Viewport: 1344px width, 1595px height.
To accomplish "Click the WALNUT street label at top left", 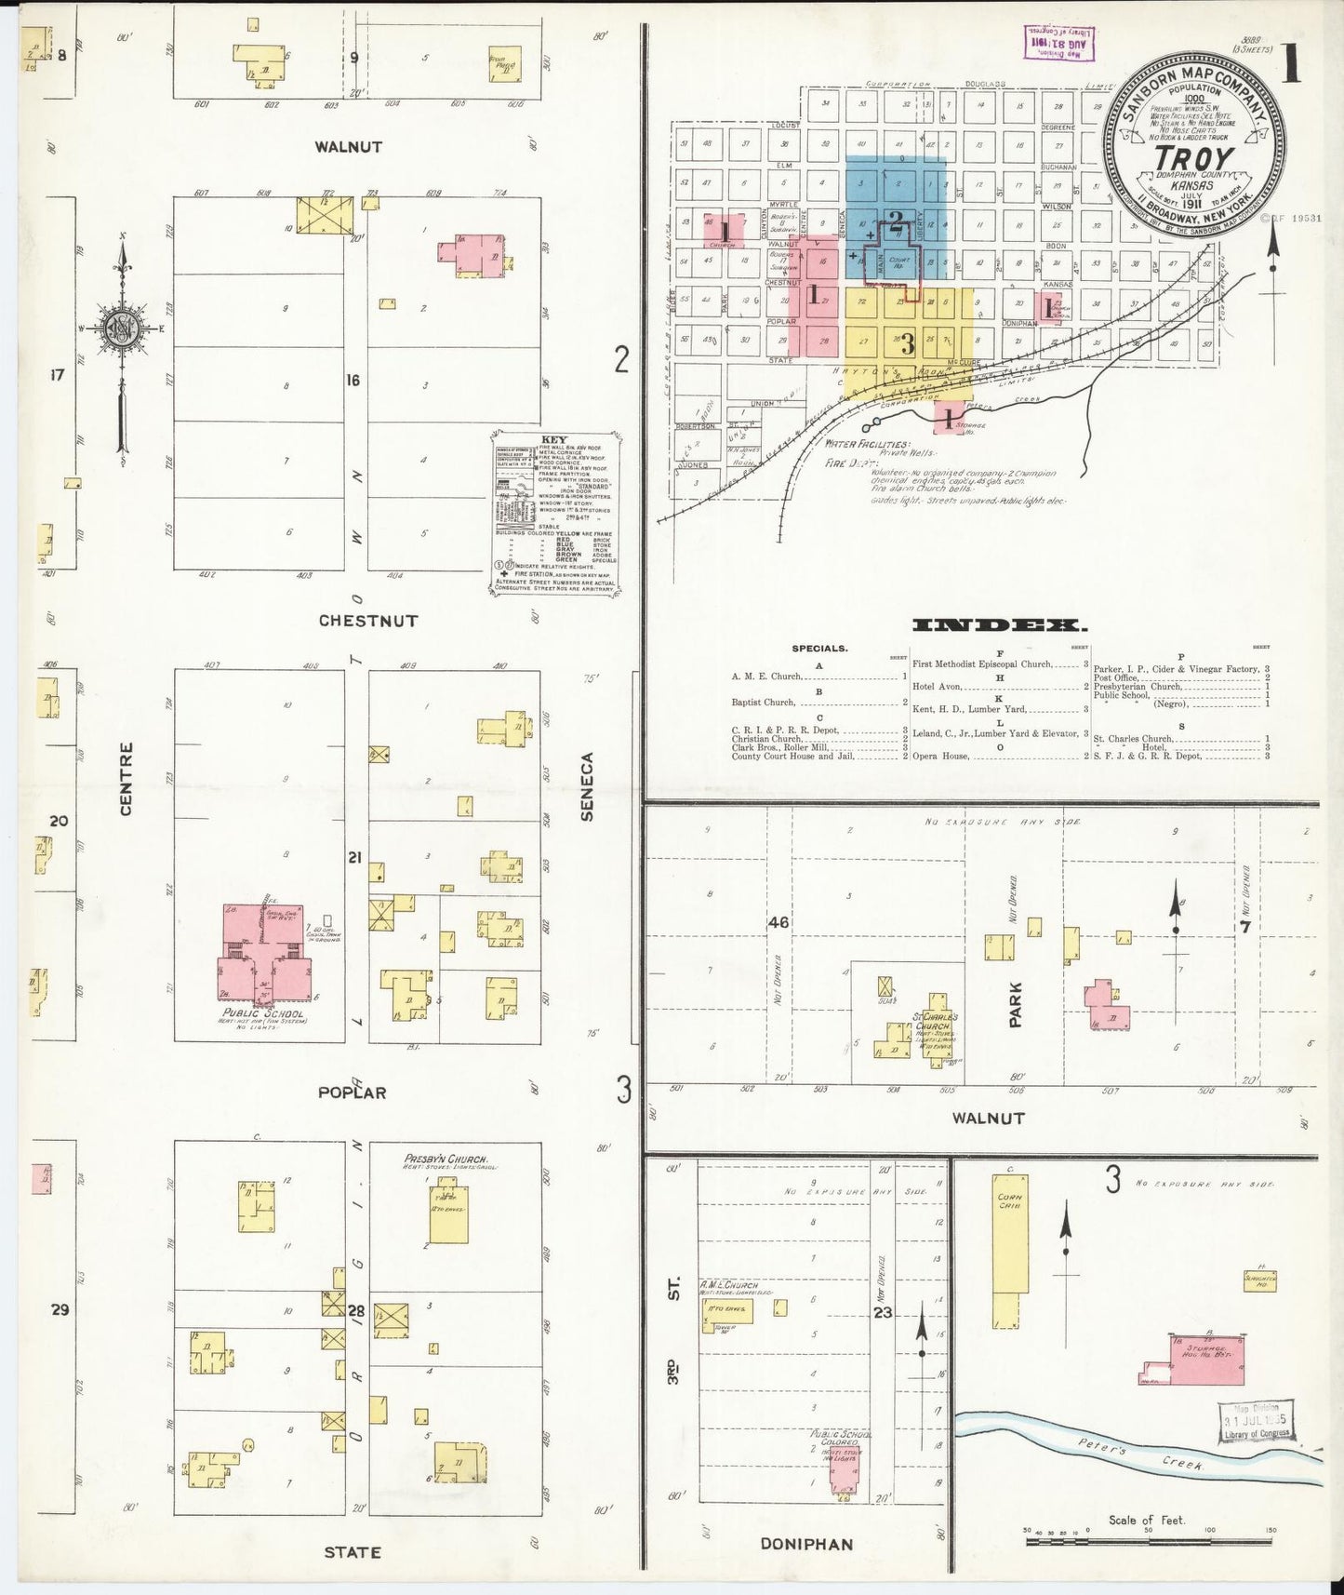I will (x=348, y=147).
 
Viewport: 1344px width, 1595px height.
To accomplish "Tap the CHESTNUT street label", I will (x=368, y=621).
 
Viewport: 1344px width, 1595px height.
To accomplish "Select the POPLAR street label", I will (x=352, y=1092).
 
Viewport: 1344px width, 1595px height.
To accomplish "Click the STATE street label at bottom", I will (x=352, y=1552).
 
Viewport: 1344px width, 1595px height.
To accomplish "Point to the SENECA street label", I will (x=587, y=786).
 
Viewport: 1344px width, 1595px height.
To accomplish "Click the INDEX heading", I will (x=1000, y=625).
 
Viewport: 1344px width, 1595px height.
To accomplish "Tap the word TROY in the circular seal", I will (x=1193, y=159).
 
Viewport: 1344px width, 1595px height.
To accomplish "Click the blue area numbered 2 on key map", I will (x=895, y=221).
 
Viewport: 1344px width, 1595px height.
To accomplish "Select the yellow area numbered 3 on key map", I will (x=908, y=343).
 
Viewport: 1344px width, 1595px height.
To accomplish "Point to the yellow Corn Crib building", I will (x=1010, y=1247).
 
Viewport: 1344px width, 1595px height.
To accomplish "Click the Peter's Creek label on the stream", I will (x=1139, y=1457).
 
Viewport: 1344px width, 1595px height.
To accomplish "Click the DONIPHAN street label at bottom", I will (x=806, y=1544).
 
